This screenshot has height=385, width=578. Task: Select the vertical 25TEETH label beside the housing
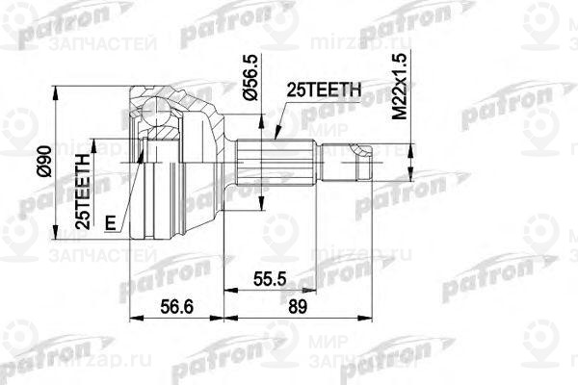(85, 189)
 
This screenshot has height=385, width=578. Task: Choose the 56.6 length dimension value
(174, 307)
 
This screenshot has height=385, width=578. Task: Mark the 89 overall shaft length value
(297, 307)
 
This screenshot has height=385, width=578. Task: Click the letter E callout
(111, 224)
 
